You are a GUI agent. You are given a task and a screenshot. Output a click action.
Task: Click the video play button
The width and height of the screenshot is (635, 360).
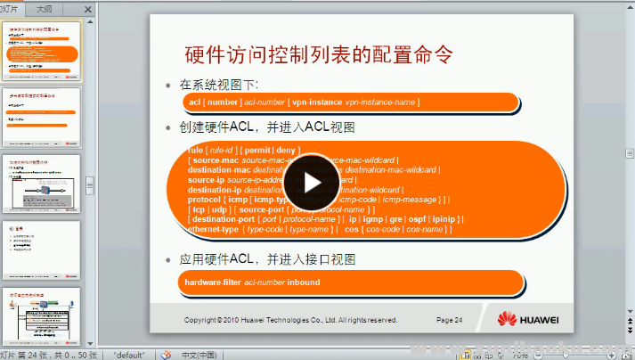[311, 181]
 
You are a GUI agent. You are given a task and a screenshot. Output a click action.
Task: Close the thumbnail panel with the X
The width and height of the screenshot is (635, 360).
[88, 9]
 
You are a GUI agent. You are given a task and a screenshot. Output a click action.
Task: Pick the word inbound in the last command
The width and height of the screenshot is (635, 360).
[303, 282]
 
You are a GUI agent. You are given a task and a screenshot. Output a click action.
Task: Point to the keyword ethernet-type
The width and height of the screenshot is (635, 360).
[212, 230]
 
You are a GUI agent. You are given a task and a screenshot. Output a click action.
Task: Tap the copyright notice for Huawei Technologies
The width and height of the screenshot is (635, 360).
[290, 319]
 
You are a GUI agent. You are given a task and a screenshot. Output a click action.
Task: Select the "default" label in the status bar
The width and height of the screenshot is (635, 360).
[130, 354]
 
